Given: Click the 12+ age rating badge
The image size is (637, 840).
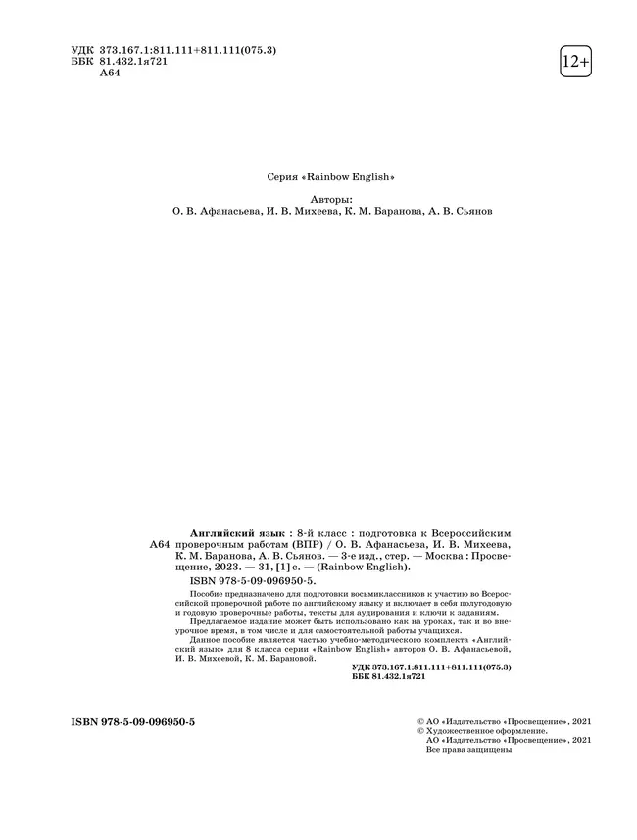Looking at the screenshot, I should [x=575, y=62].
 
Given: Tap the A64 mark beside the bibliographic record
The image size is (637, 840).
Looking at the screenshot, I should [x=159, y=543].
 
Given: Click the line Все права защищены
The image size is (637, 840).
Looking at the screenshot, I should [x=469, y=751].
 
